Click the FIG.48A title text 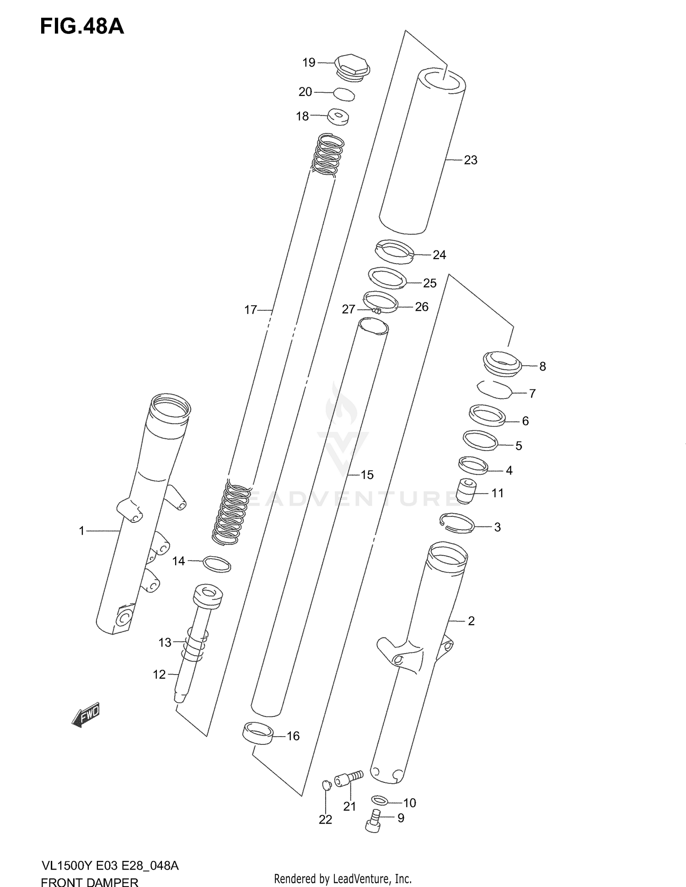[x=82, y=27]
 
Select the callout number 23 [x=471, y=160]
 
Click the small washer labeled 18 [x=338, y=117]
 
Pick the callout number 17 [x=251, y=310]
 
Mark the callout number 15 [x=367, y=475]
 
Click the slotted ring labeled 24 [x=394, y=252]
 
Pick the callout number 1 [x=81, y=531]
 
